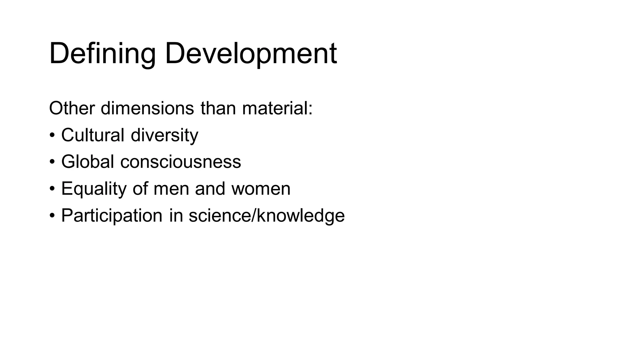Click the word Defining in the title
(102, 54)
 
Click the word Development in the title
(251, 54)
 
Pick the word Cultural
(93, 135)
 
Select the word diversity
(164, 136)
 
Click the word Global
(87, 162)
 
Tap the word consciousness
(181, 162)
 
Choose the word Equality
(94, 189)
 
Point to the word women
(261, 189)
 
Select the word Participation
(112, 216)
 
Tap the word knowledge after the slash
(300, 216)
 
